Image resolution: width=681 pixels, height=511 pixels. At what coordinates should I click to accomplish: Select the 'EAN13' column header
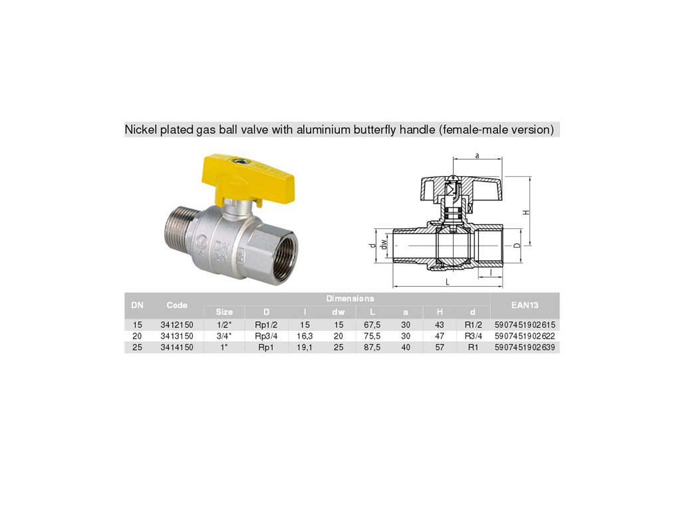point(525,305)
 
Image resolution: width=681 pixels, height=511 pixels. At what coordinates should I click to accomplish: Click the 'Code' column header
point(177,305)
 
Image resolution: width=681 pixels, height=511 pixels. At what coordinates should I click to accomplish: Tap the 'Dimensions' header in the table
point(350,299)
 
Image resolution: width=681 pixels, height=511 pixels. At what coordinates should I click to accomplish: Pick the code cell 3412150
point(177,325)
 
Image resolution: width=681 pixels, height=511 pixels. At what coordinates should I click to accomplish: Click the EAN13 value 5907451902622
point(525,336)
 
